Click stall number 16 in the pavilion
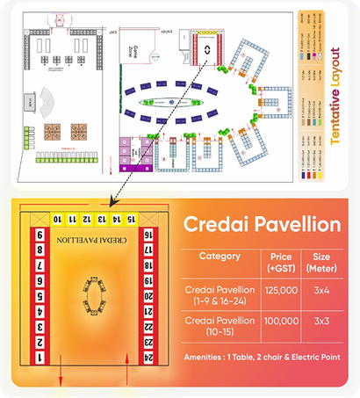[x=148, y=236]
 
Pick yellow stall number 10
[x=58, y=218]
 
